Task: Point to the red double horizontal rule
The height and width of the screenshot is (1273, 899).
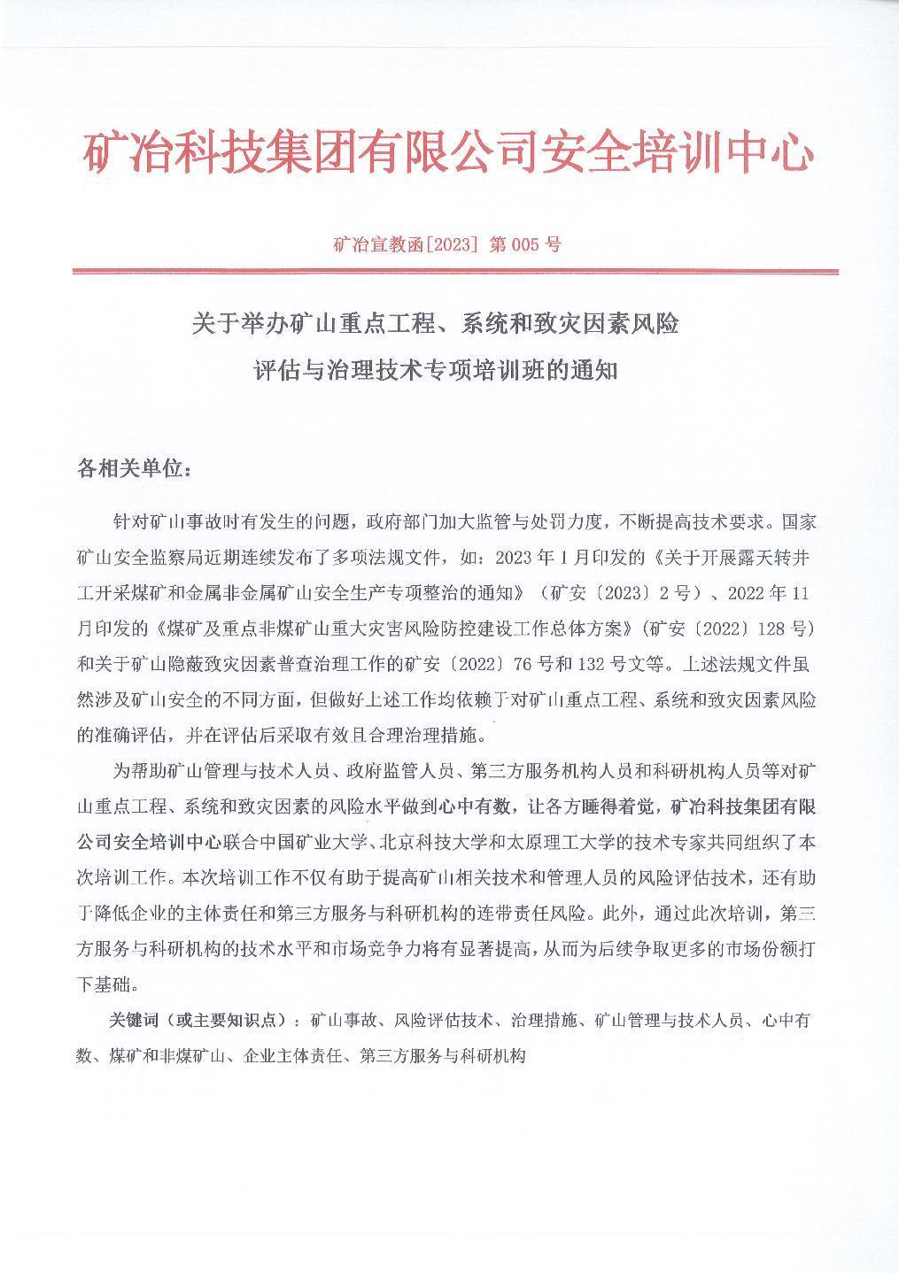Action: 454,272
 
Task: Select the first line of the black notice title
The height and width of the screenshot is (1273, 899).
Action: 435,325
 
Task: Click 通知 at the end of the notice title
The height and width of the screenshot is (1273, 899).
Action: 595,370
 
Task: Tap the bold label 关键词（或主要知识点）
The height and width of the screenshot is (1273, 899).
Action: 200,1021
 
